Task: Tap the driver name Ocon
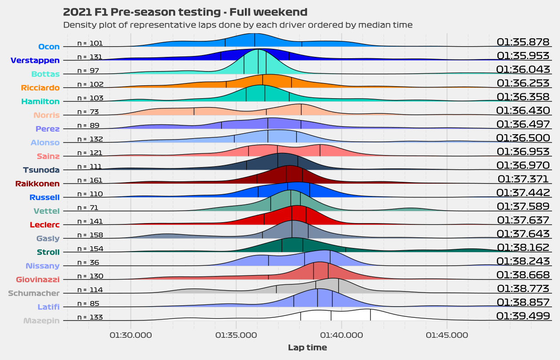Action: click(x=49, y=46)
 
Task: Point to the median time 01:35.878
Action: click(x=523, y=42)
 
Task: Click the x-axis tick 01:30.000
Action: click(x=131, y=335)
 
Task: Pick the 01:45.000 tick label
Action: click(x=447, y=335)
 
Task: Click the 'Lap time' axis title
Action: click(x=307, y=348)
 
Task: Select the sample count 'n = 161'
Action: click(x=90, y=180)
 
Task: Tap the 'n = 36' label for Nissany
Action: click(x=88, y=263)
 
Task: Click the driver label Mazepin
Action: click(x=41, y=320)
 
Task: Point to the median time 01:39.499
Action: click(x=523, y=316)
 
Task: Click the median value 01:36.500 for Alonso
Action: click(x=523, y=138)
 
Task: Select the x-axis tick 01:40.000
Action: click(x=341, y=335)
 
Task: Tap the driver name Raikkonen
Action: click(x=37, y=184)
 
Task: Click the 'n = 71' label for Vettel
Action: click(x=88, y=208)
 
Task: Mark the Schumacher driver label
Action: click(x=34, y=293)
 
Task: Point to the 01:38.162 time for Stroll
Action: click(x=523, y=248)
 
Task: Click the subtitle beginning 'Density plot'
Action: click(x=238, y=25)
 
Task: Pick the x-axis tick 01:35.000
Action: click(x=236, y=335)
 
